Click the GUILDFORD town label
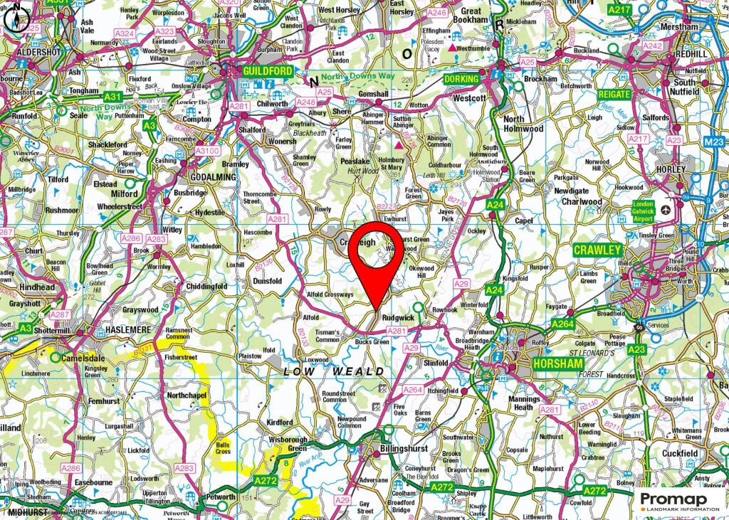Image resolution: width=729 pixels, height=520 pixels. click(x=267, y=72)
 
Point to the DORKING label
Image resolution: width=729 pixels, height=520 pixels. click(x=461, y=79)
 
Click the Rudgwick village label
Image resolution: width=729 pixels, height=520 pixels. click(x=399, y=317)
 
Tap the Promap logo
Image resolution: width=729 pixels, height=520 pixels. click(x=678, y=500)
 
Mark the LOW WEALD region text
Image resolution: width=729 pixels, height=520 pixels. click(x=334, y=372)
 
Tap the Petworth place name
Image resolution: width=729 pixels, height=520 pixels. click(x=221, y=497)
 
